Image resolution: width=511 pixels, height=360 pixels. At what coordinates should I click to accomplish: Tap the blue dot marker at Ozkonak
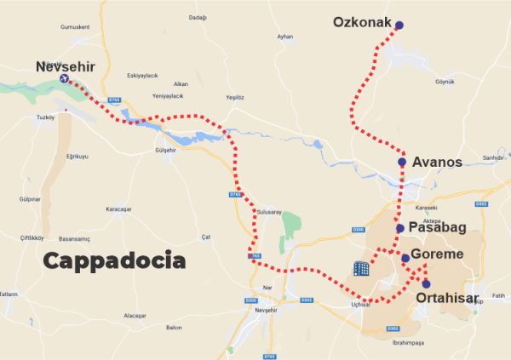[x=400, y=26]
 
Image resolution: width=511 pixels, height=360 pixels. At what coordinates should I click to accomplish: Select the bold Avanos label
[x=436, y=162]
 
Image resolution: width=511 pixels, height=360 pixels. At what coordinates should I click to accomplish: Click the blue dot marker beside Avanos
[x=402, y=162]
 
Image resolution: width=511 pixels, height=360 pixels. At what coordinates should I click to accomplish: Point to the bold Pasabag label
[x=437, y=228]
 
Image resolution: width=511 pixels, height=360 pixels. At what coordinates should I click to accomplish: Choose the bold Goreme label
[x=437, y=254]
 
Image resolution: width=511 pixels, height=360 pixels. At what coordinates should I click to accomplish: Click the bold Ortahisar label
[x=448, y=298]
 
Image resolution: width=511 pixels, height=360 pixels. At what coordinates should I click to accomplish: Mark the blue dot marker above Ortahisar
[x=426, y=284]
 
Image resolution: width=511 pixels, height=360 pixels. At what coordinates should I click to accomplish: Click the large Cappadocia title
[x=113, y=260]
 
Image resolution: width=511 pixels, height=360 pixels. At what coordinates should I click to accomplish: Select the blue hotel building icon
[x=362, y=269]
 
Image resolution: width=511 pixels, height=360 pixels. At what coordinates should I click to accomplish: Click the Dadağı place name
[x=198, y=17]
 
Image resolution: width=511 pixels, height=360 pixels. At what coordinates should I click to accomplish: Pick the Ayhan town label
[x=284, y=37]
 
